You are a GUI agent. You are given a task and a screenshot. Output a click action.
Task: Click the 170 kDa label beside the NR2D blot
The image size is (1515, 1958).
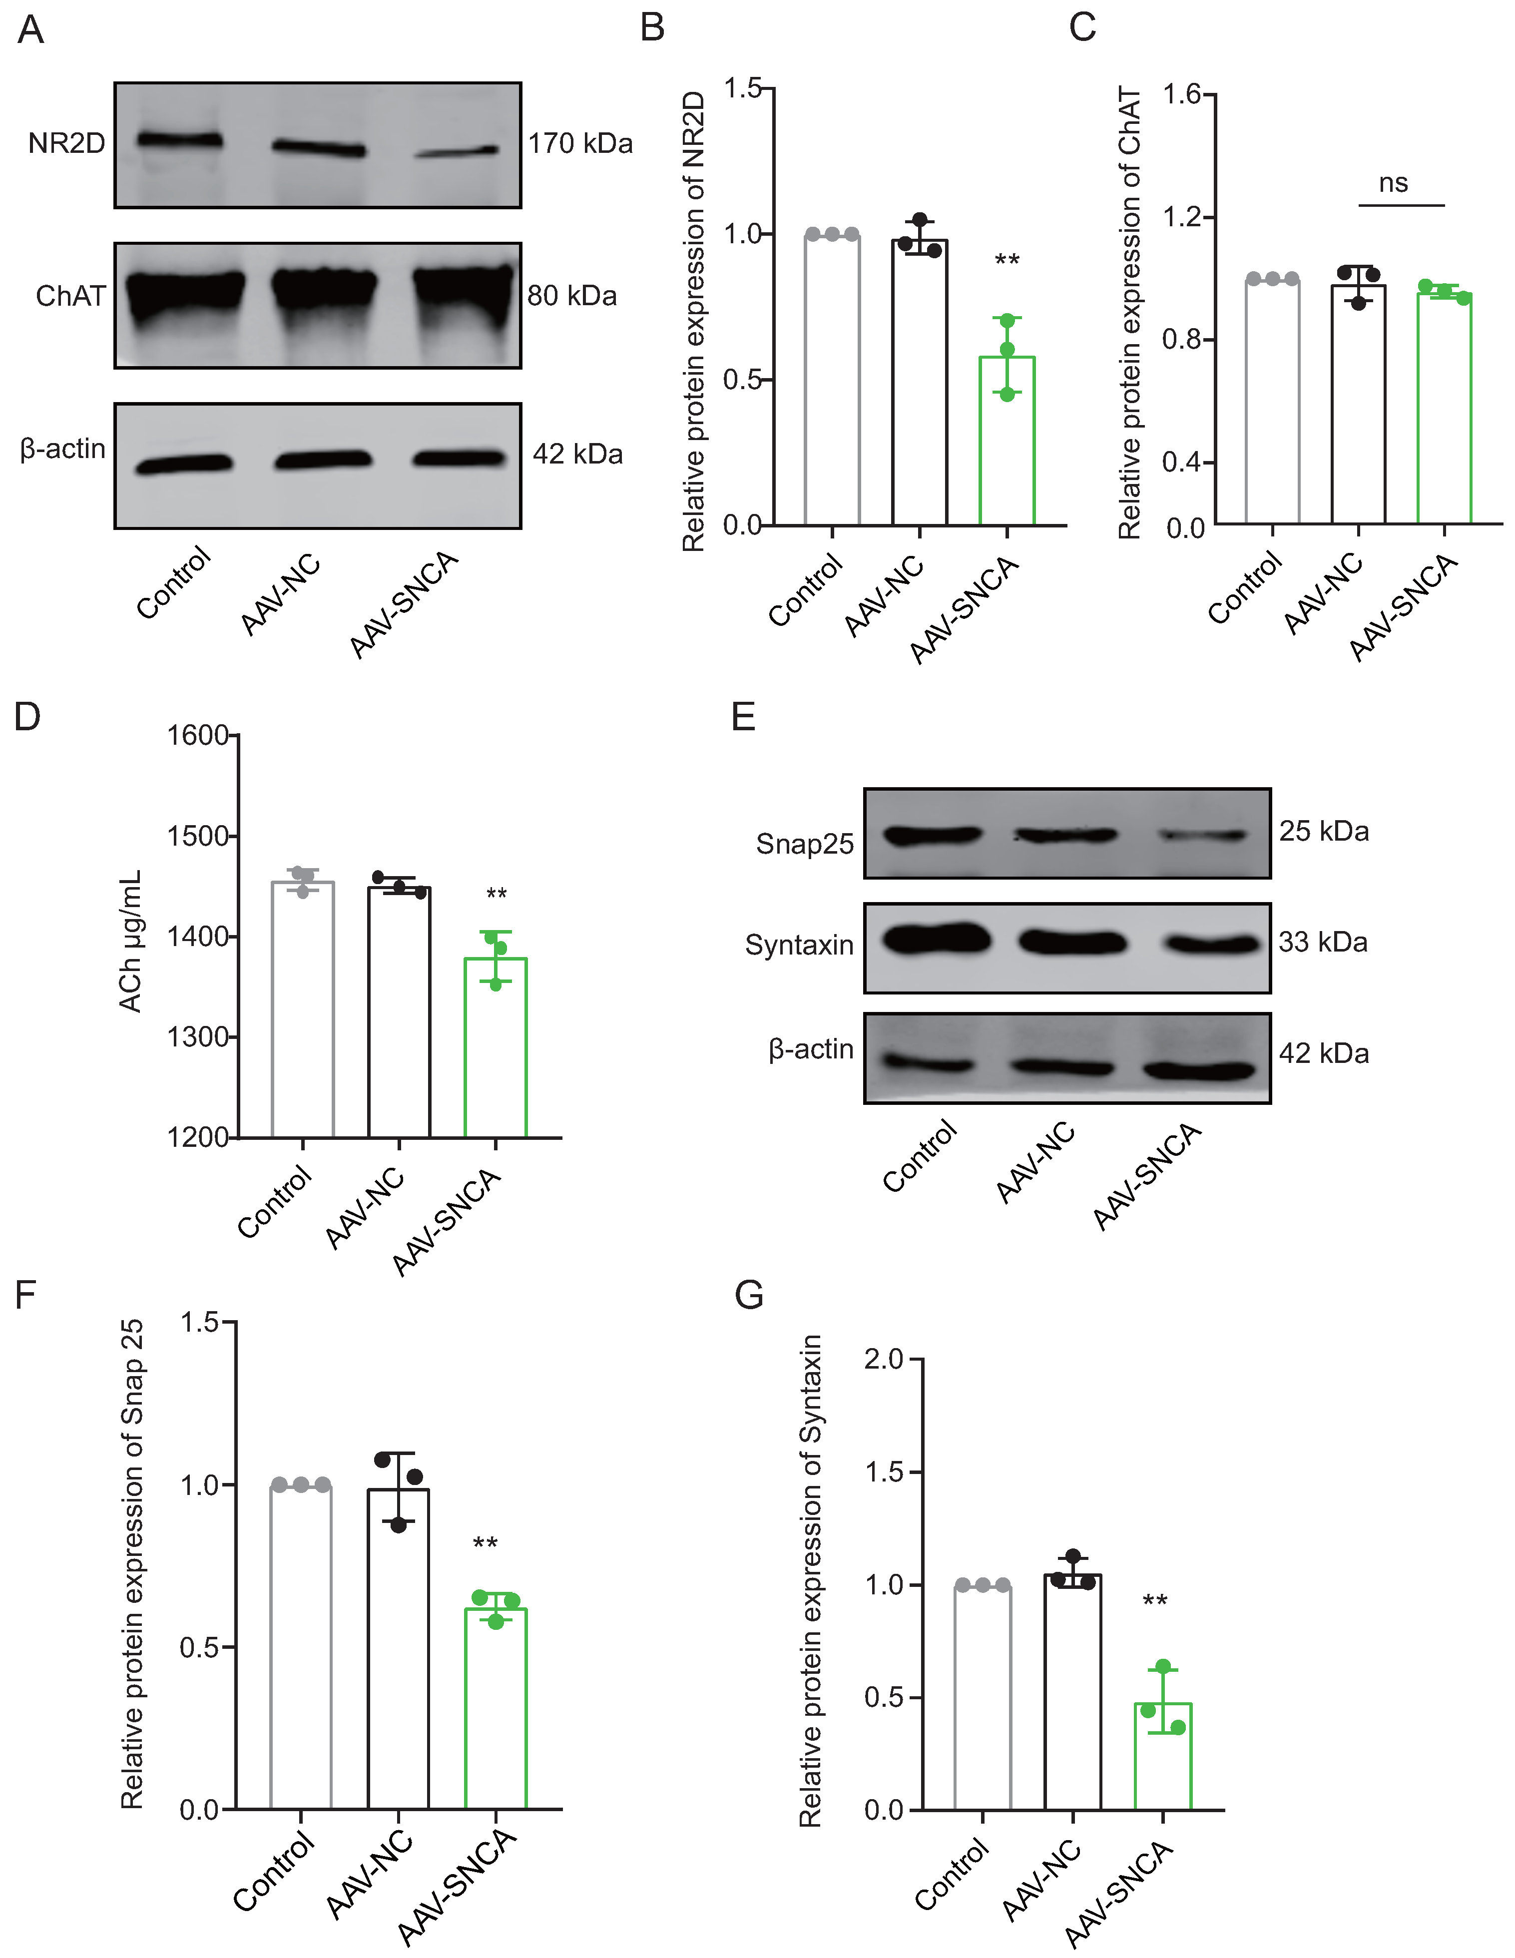coord(580,143)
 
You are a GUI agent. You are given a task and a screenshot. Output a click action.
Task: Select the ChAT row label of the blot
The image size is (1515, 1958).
coord(70,296)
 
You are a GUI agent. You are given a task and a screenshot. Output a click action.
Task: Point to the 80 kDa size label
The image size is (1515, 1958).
coord(572,296)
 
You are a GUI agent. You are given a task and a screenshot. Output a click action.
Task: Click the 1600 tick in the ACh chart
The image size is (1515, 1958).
coord(198,735)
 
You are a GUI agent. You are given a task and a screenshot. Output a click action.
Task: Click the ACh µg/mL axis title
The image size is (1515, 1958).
coord(131,942)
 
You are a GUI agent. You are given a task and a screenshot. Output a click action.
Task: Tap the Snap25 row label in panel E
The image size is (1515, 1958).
coord(804,844)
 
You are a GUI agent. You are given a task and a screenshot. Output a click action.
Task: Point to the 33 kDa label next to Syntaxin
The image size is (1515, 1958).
coord(1323,942)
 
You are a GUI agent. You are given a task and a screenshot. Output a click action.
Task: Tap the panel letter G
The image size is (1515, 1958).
coord(749,1296)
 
